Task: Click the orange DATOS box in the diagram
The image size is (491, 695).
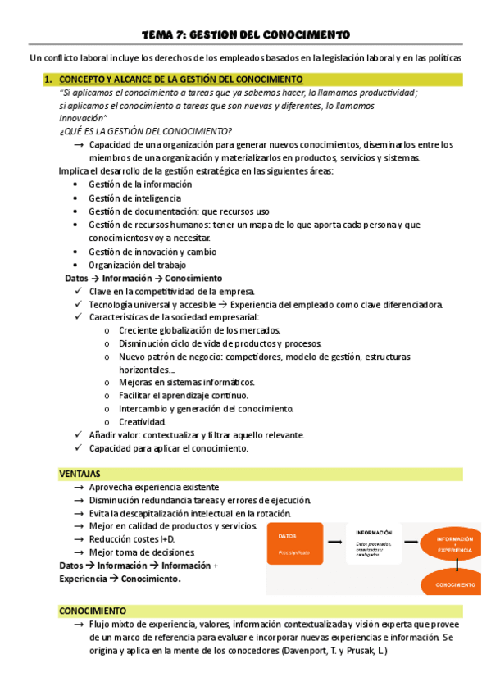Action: pos(294,543)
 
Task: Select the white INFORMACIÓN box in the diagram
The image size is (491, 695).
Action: pos(373,543)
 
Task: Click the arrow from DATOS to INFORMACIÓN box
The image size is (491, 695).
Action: pos(334,543)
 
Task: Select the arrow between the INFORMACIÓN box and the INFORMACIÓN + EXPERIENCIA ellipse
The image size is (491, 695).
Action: pos(411,543)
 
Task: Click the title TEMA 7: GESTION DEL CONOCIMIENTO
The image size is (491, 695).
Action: pos(245,34)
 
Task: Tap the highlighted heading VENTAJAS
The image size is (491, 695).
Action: pos(80,474)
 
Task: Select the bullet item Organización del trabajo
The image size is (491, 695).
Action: pos(137,265)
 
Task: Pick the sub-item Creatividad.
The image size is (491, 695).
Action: pos(143,421)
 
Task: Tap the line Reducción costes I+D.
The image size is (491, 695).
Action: pos(131,539)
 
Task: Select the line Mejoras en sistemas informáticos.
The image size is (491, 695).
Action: pos(187,382)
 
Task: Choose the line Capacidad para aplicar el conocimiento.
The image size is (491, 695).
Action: pos(168,448)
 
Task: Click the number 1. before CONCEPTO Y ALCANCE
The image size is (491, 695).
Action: pos(49,79)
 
